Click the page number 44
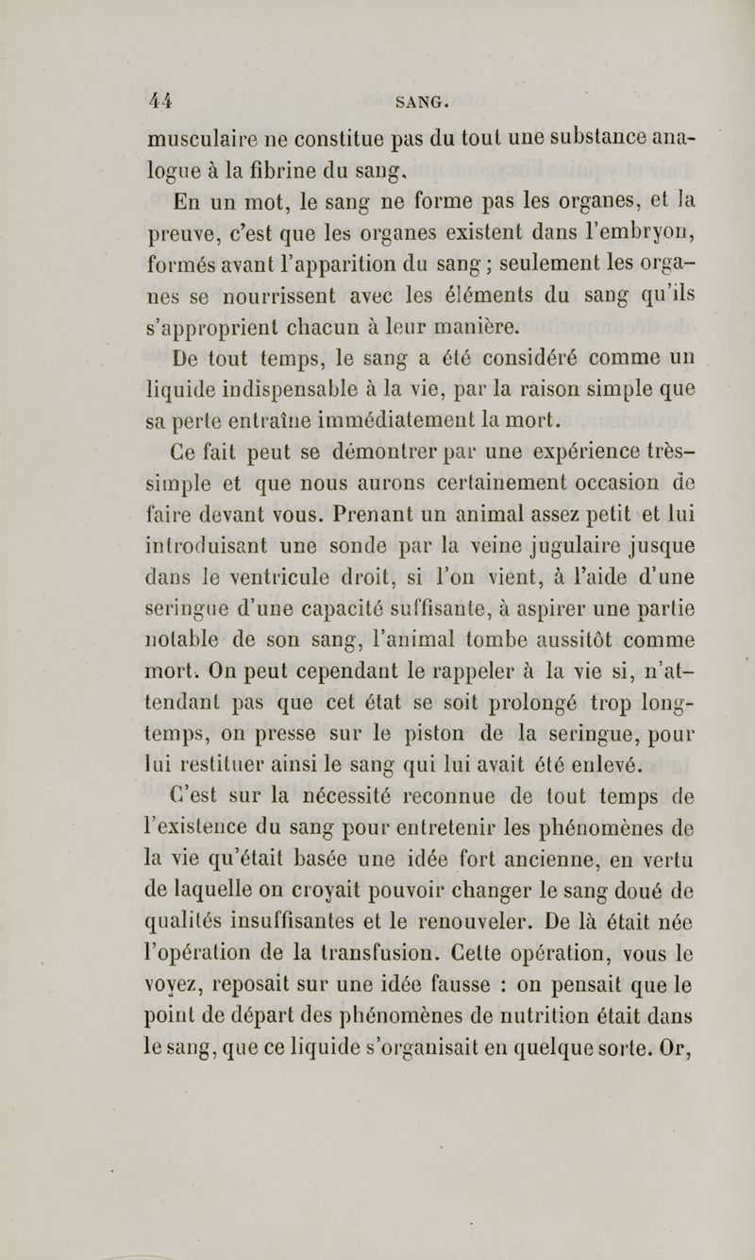pos(140,97)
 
